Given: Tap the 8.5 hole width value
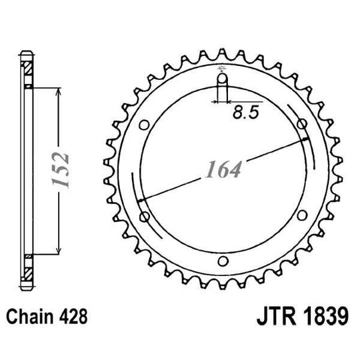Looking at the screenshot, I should (245, 113).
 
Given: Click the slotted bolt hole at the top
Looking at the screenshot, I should (223, 87).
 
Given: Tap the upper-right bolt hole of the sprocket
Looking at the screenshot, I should (302, 125).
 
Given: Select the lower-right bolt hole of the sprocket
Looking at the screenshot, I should (302, 215).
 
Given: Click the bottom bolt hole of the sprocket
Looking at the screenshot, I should (223, 260).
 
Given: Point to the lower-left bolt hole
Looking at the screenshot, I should (145, 215).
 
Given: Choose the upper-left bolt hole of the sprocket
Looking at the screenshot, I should (145, 125).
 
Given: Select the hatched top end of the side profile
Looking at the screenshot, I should (27, 69).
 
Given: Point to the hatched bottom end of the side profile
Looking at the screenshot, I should (27, 271).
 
